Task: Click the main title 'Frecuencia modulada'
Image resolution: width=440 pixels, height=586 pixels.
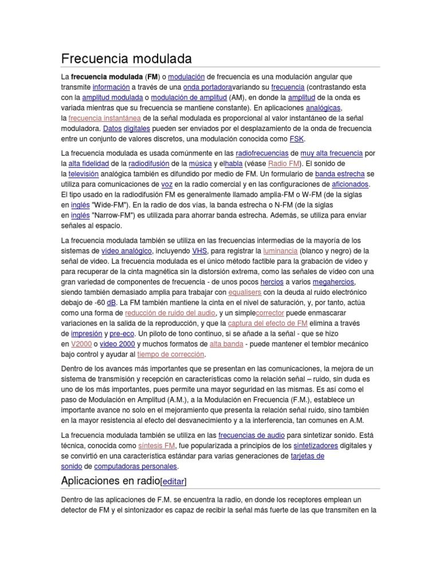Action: (126, 59)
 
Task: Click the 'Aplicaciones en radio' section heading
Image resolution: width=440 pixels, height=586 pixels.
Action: (111, 480)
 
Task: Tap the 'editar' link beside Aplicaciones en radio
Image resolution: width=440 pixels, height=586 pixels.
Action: (174, 481)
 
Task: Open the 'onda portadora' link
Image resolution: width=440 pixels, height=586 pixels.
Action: (207, 87)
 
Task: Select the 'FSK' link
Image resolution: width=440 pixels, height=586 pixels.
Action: (297, 138)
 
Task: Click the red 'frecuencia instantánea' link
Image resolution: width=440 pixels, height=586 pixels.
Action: (104, 118)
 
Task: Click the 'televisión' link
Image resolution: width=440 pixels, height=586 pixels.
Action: (84, 174)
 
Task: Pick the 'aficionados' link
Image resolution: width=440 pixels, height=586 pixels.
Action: (351, 184)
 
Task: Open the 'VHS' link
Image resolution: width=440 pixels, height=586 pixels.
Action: (199, 251)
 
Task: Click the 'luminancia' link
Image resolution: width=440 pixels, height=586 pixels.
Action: (280, 251)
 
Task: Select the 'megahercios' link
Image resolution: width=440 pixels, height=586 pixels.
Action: (333, 282)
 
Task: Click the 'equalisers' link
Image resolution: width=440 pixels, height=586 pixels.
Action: (245, 292)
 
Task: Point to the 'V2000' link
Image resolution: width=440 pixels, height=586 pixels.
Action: (81, 343)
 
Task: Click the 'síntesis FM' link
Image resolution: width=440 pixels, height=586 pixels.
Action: (156, 445)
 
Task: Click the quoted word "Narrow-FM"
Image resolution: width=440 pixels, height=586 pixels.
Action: (117, 215)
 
